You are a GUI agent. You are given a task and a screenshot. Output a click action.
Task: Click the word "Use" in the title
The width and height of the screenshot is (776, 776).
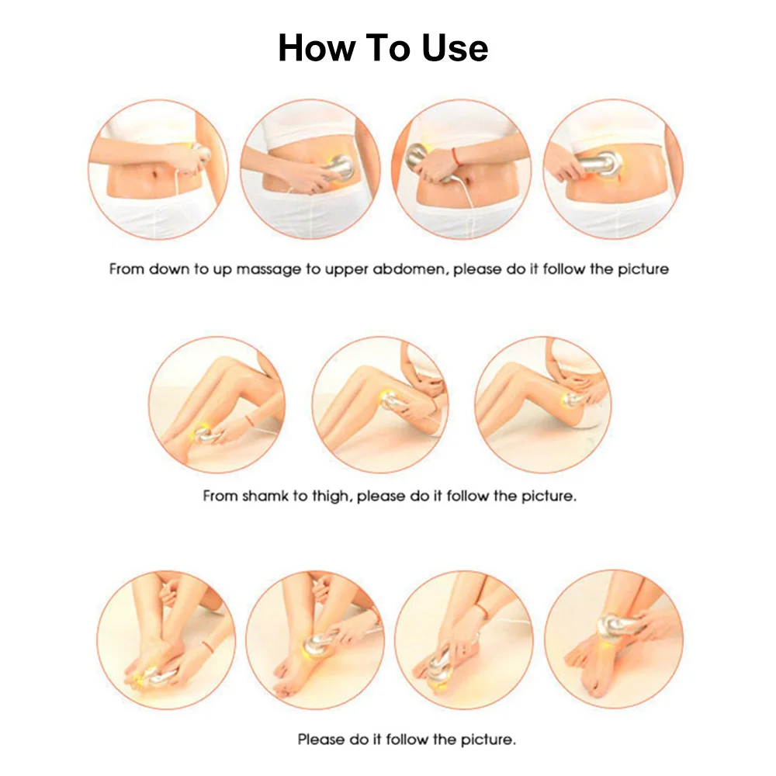pyautogui.click(x=455, y=47)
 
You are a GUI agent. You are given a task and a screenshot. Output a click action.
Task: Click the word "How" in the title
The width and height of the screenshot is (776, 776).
pyautogui.click(x=317, y=47)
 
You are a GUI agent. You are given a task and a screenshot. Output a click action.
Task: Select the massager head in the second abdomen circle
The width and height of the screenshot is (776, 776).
pyautogui.click(x=341, y=167)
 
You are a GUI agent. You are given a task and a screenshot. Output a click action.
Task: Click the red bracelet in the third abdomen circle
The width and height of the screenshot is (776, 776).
pyautogui.click(x=456, y=157)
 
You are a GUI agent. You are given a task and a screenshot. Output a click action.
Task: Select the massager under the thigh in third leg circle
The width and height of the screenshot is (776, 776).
pyautogui.click(x=574, y=399)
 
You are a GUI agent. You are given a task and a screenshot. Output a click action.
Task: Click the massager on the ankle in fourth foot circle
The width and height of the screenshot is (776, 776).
pyautogui.click(x=613, y=625)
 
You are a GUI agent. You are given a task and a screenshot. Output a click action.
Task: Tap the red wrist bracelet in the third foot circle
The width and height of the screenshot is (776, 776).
pyautogui.click(x=482, y=611)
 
